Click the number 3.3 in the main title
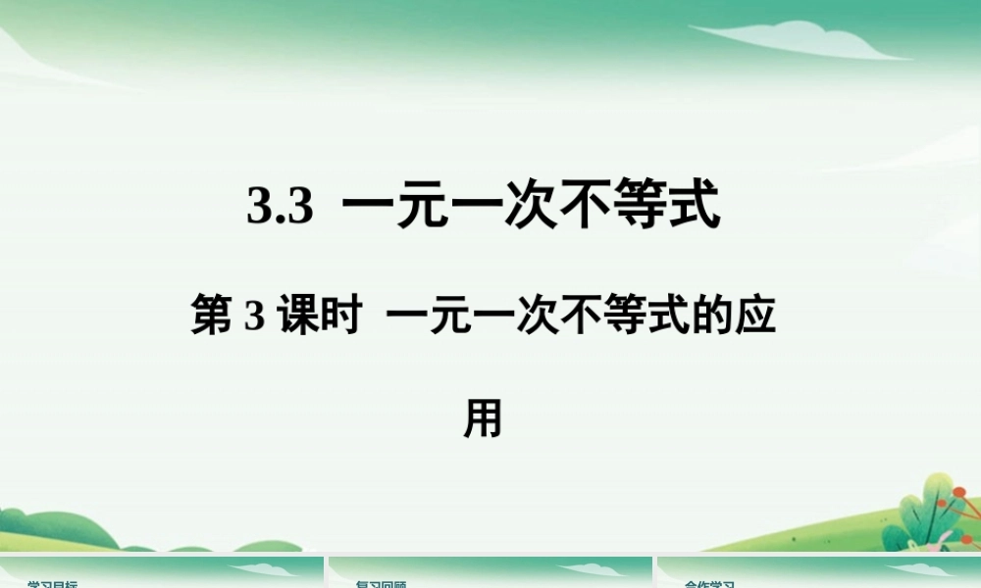click(280, 208)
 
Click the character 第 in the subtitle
click(212, 318)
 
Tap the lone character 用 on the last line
click(483, 418)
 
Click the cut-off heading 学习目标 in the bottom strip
click(55, 584)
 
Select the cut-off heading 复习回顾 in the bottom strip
click(383, 584)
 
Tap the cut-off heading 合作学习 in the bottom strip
click(710, 584)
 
